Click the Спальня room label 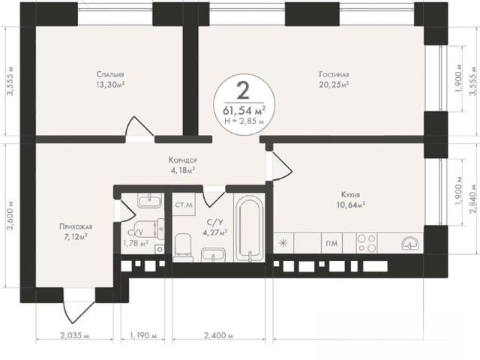pos(110,74)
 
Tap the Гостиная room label pos(334,74)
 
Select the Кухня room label pos(350,195)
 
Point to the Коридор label pos(183,160)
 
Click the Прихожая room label pos(76,226)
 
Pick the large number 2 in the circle pos(243,91)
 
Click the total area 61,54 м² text pos(244,109)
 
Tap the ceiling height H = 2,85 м pos(244,121)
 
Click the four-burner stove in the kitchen pos(367,243)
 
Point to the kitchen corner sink pos(409,243)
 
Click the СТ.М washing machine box pos(184,205)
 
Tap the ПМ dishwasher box pos(331,243)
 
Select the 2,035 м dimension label pos(75,335)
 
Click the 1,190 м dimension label pos(143,335)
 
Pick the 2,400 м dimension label pos(218,335)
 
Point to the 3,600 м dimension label pos(10,215)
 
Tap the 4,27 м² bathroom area pos(214,232)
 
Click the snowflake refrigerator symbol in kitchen pos(283,243)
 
